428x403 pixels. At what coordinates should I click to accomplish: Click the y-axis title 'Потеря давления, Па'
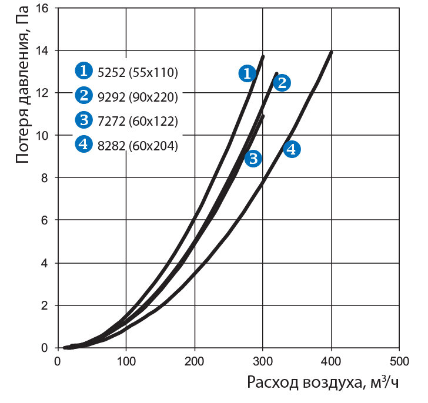pyautogui.click(x=22, y=89)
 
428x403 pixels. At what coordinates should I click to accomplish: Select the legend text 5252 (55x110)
pyautogui.click(x=136, y=72)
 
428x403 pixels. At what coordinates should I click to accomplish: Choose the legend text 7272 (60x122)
pyautogui.click(x=136, y=121)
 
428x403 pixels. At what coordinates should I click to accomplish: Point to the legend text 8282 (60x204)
pyautogui.click(x=136, y=146)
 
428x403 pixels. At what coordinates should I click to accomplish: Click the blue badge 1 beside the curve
pyautogui.click(x=247, y=73)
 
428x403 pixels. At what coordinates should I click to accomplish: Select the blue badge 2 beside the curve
pyautogui.click(x=282, y=83)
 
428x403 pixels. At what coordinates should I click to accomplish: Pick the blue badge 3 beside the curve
pyautogui.click(x=253, y=159)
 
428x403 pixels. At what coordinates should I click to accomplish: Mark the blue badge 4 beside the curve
pyautogui.click(x=292, y=149)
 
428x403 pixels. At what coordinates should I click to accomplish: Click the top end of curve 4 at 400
pyautogui.click(x=331, y=52)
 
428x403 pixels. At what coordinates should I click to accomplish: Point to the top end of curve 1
pyautogui.click(x=263, y=56)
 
